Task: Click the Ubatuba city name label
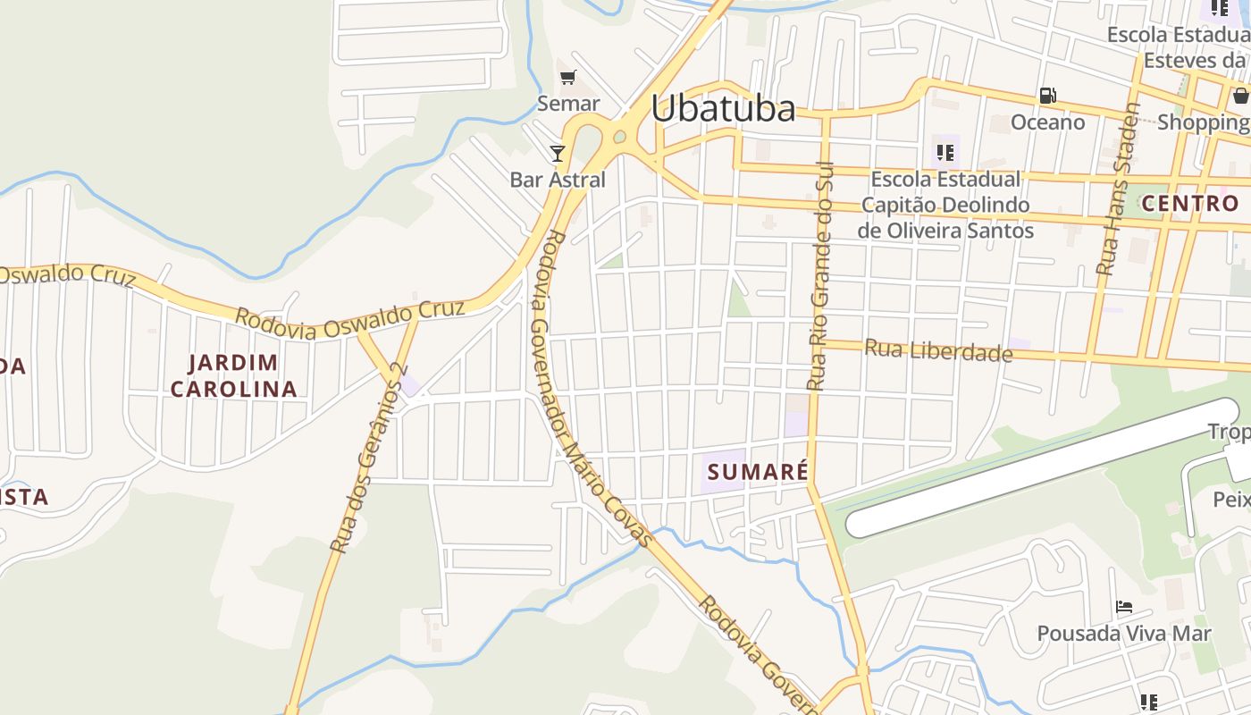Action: [x=723, y=108]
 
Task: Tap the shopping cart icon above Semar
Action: [x=568, y=78]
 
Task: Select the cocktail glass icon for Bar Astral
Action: [x=558, y=154]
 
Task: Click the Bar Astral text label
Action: [x=558, y=180]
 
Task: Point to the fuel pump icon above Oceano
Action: [x=1047, y=96]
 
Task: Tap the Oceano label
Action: [x=1047, y=122]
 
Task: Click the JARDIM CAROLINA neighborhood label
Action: [x=233, y=375]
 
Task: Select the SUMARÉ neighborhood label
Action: [x=758, y=471]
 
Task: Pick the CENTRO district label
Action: [x=1190, y=203]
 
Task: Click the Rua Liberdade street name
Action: [x=938, y=350]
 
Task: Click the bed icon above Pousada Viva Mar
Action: [x=1124, y=608]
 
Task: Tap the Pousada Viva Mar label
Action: [x=1124, y=634]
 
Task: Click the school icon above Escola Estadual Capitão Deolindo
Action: [x=945, y=153]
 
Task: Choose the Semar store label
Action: [x=568, y=104]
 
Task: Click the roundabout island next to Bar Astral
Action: [x=619, y=138]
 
